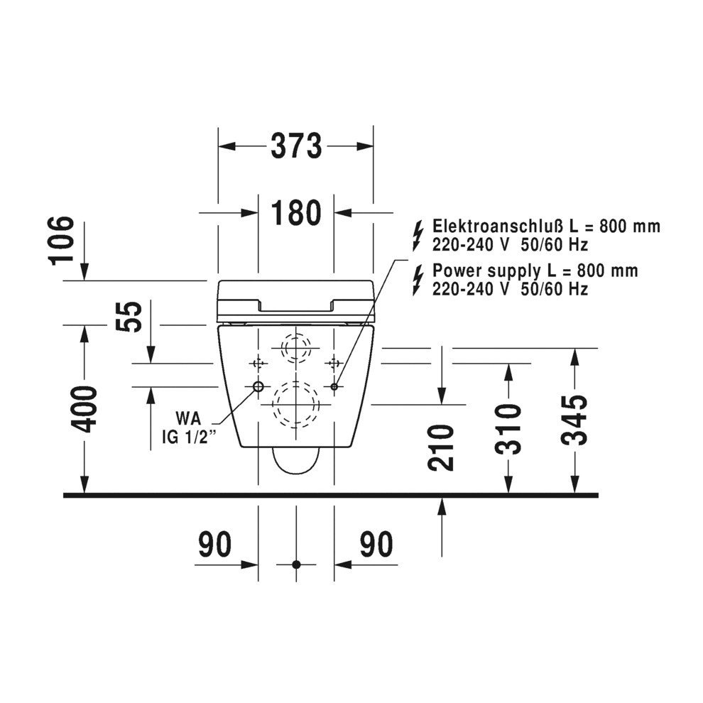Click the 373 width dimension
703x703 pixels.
coord(296,146)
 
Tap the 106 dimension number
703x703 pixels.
coord(61,241)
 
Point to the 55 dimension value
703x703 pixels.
coord(129,317)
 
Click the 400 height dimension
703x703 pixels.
coord(85,409)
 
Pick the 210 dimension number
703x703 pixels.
coord(441,447)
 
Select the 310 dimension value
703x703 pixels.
coord(508,429)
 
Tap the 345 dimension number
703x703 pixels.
coord(574,420)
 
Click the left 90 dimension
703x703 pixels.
coord(215,544)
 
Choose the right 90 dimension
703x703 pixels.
coord(376,544)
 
